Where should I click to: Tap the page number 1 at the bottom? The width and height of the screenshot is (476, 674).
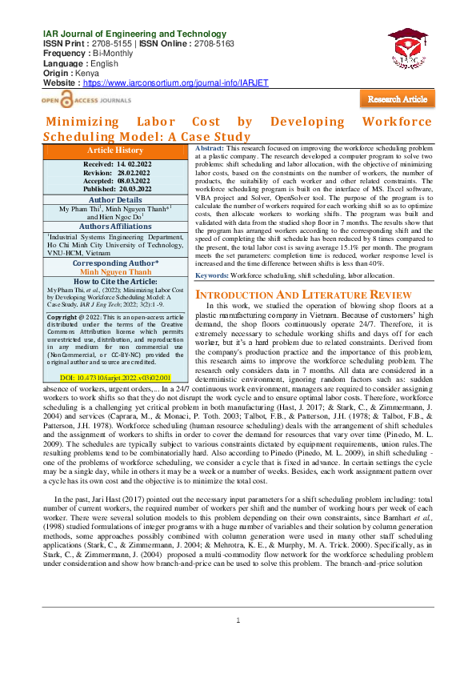[238, 644]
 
